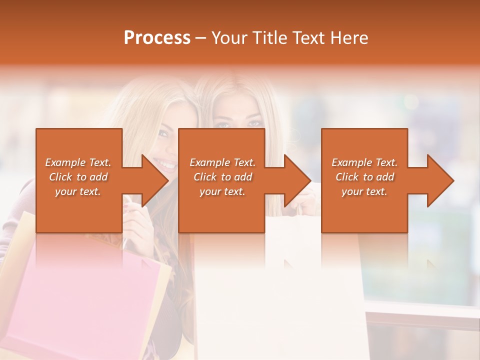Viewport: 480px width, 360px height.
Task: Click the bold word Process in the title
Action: tap(157, 38)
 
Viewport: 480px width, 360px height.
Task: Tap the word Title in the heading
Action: tap(268, 38)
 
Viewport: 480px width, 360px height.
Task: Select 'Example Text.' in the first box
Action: tap(78, 162)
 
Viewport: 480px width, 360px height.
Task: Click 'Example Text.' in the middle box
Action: tap(222, 162)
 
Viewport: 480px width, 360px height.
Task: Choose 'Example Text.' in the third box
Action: tap(364, 162)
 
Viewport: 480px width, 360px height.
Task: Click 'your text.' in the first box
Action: tap(78, 191)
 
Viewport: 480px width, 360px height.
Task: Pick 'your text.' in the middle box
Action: tap(222, 191)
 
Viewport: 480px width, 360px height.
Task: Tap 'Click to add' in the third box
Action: tap(364, 177)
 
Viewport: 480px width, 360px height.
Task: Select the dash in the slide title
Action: tap(201, 38)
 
